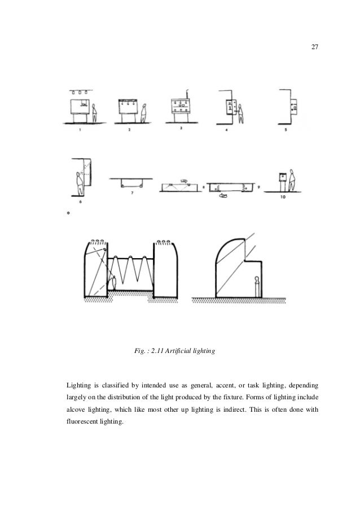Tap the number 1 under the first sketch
tap(80, 130)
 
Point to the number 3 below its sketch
tap(181, 129)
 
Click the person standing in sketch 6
tap(79, 181)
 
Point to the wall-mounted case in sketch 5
tap(295, 105)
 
